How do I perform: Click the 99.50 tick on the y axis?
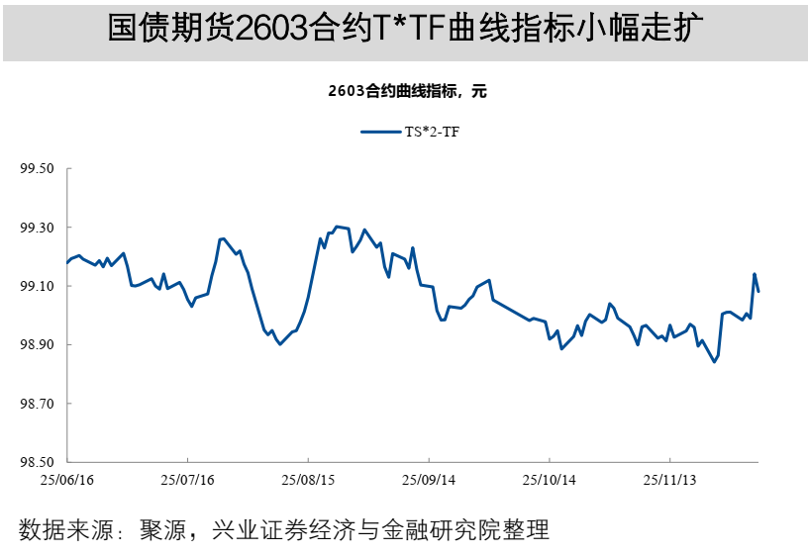[37, 169]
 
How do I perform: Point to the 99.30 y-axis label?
[37, 228]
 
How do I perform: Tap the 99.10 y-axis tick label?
[37, 286]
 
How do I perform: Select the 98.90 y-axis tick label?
[37, 344]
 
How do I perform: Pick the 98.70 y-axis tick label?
[37, 404]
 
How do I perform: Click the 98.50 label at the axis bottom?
[37, 462]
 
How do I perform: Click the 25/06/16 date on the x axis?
[67, 480]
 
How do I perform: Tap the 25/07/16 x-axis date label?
[188, 480]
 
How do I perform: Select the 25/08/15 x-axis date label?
[308, 480]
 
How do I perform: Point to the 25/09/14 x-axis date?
[429, 480]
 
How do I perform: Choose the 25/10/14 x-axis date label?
[550, 480]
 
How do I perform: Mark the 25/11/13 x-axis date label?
[670, 480]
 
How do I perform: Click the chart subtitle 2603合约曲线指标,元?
[407, 92]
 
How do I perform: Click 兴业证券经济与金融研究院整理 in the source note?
[380, 529]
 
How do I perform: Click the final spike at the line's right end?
[755, 274]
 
